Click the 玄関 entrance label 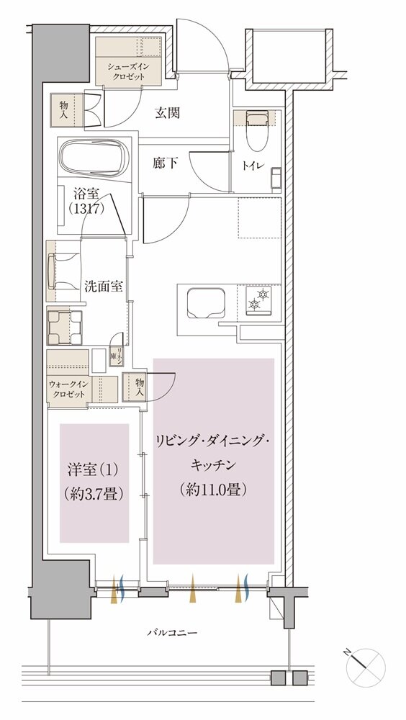coord(167,113)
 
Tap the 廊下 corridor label coord(165,163)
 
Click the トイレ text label coord(256,167)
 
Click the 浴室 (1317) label coord(89,201)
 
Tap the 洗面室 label coord(102,285)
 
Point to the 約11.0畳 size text coord(214,490)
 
